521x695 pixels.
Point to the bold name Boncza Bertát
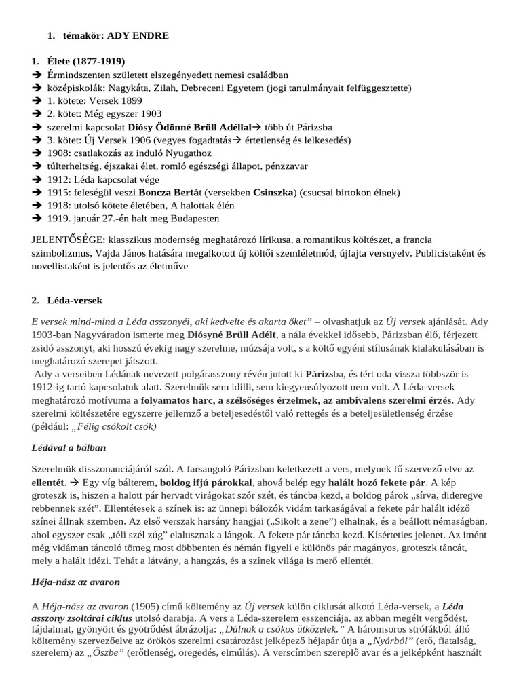click(160, 193)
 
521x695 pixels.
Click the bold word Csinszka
click(275, 193)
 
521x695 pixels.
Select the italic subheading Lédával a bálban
click(69, 449)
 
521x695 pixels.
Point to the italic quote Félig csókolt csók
click(119, 426)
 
